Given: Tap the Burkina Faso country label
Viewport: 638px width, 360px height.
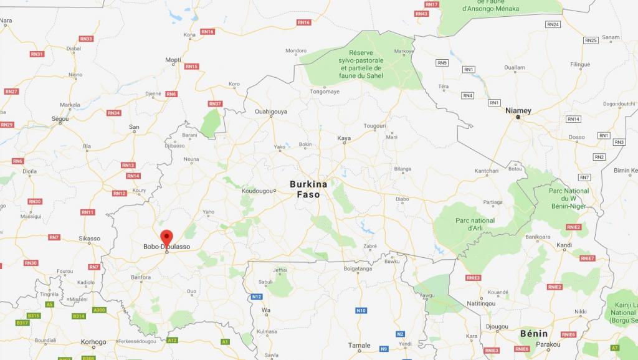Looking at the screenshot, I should click(308, 189).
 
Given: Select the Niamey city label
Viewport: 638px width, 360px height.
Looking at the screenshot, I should click(518, 110).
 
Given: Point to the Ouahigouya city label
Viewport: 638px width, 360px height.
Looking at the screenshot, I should click(271, 111).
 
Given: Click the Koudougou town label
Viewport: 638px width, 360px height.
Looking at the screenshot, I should click(257, 191).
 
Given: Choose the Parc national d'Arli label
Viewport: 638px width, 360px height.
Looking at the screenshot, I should click(475, 224).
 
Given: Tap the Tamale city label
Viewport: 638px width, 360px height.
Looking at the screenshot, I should click(359, 345).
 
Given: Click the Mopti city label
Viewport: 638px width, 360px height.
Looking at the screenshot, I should click(173, 60).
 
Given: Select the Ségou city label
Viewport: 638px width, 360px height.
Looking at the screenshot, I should click(60, 118).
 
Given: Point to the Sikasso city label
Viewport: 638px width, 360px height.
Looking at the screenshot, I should click(89, 238).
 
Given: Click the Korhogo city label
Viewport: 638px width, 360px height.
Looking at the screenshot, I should click(93, 342).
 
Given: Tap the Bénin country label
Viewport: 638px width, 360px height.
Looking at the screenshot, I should click(534, 334).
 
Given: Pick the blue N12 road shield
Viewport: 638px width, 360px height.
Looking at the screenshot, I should click(256, 296).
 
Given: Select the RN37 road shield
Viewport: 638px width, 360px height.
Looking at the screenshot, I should click(215, 103).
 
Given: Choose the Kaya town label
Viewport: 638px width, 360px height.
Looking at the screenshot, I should click(344, 138).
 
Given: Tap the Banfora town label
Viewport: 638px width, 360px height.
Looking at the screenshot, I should click(141, 277).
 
